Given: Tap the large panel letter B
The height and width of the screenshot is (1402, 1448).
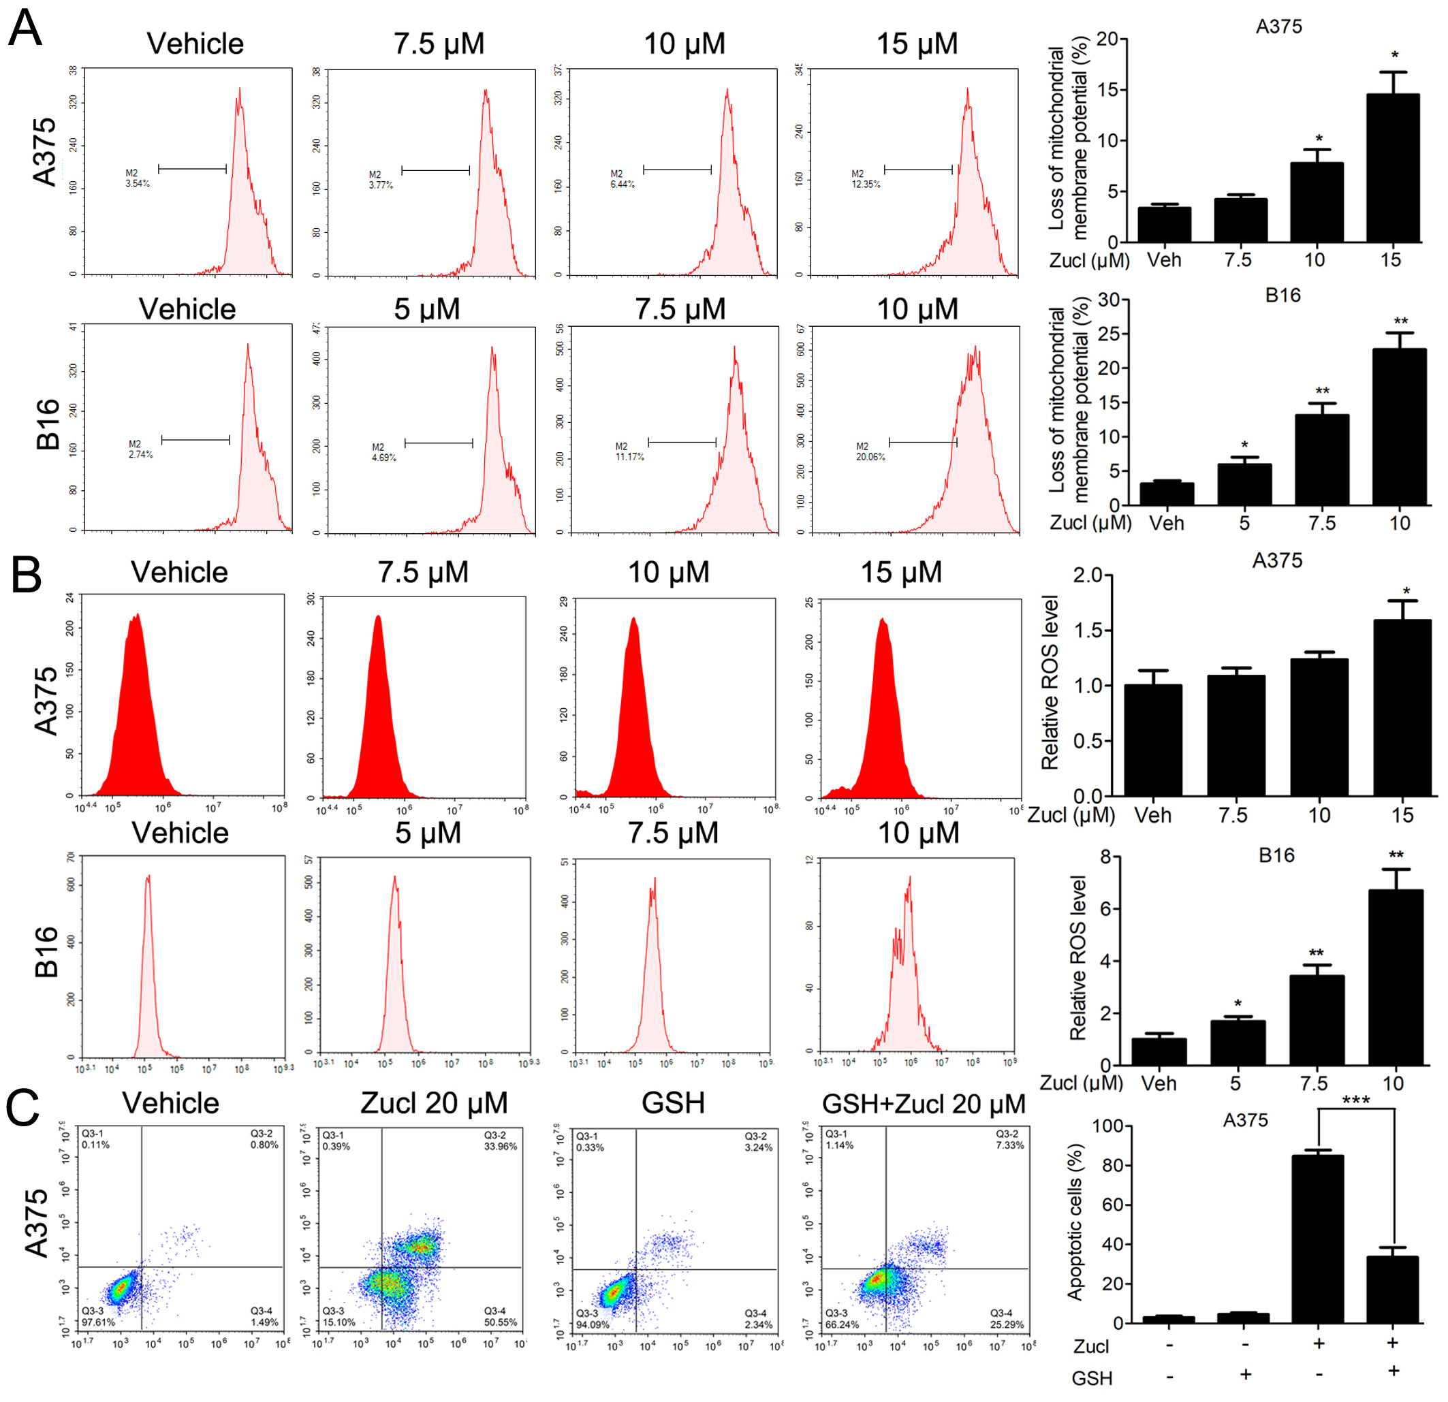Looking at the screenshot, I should point(26,575).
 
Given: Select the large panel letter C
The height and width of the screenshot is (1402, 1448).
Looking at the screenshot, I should point(23,1108).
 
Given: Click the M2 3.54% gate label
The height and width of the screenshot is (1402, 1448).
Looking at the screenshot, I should point(138,178).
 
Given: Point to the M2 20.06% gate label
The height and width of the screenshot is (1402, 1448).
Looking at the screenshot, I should point(870,451).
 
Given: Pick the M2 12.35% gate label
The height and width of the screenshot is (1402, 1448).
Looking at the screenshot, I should point(865,179).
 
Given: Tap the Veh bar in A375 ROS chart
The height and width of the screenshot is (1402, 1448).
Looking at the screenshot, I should point(1152,739).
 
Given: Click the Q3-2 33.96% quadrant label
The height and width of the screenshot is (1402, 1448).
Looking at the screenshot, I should point(500,1141).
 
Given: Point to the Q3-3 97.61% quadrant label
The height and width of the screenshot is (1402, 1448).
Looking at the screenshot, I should point(98,1316).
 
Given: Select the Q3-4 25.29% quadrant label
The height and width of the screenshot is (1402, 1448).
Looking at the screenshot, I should point(1006,1318).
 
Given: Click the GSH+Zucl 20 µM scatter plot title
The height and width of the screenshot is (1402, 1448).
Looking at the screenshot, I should point(924,1104).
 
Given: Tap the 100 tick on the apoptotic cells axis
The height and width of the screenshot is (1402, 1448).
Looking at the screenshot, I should point(1107,1126).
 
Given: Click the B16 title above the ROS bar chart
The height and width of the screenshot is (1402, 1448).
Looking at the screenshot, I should point(1276,855).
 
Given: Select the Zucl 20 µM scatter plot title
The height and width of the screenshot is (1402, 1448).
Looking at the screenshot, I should point(434,1103).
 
